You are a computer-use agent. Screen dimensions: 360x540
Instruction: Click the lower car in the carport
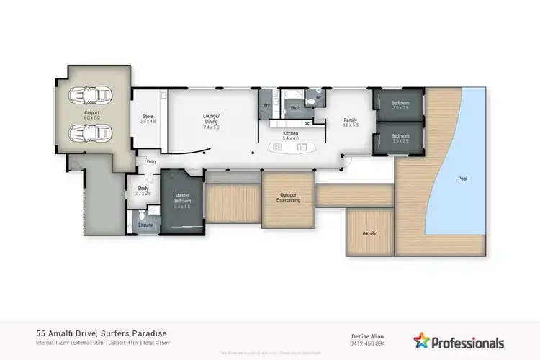pos(85,133)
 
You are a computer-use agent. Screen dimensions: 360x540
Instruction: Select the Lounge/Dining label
pos(211,119)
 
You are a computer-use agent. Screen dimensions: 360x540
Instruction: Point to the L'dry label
pos(264,106)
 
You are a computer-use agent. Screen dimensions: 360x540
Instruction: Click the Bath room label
pos(295,109)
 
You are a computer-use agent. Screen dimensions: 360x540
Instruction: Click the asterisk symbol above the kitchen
pos(307,124)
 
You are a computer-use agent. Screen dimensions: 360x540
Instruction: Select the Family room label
pos(351,122)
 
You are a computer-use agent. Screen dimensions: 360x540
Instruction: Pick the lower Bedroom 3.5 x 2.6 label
pos(400,138)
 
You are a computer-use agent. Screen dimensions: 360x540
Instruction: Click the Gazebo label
pos(370,234)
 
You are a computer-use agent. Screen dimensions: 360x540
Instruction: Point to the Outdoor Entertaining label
pos(288,197)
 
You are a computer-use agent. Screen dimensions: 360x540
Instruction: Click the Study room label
pos(143,191)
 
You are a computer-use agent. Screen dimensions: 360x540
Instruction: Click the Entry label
pos(151,162)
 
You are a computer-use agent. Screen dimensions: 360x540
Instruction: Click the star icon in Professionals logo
pos(421,340)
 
